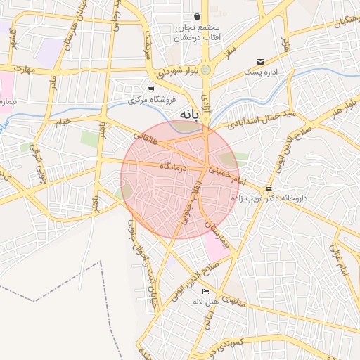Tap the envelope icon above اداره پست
pyautogui.click(x=261, y=62)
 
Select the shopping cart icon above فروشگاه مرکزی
pyautogui.click(x=151, y=89)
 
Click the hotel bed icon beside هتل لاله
pyautogui.click(x=205, y=292)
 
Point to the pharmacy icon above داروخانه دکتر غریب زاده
pyautogui.click(x=269, y=190)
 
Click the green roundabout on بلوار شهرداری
pyautogui.click(x=205, y=70)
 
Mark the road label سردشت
pyautogui.click(x=148, y=44)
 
